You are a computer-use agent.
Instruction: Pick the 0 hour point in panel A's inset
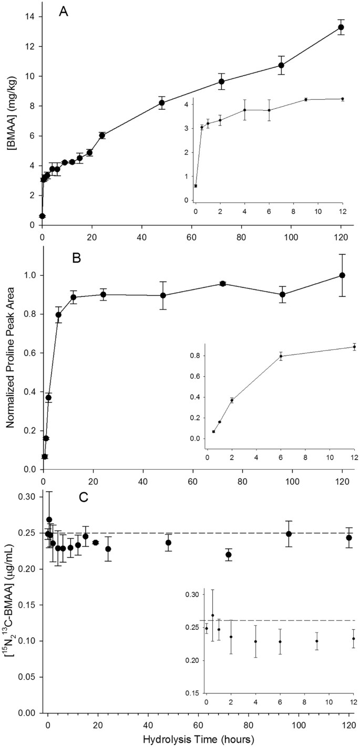196,185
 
